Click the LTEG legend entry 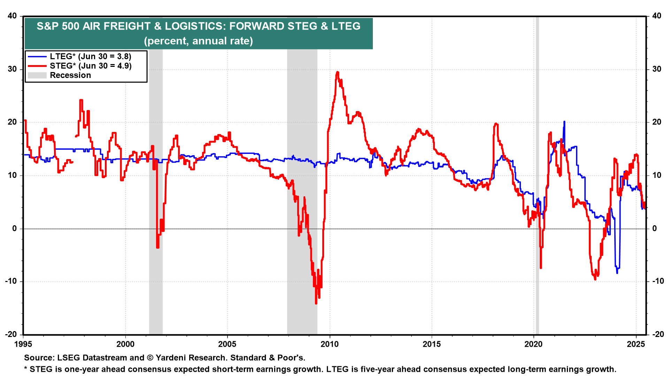(90, 56)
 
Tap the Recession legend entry (70, 75)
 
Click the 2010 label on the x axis (329, 344)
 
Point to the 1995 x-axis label (23, 344)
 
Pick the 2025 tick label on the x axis (636, 344)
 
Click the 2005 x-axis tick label (227, 344)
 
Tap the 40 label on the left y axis (12, 16)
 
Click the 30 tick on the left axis (12, 69)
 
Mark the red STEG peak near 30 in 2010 (337, 72)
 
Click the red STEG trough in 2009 (316, 303)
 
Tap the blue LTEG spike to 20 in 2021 (564, 122)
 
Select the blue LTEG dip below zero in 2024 (617, 273)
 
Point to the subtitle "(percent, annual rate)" (198, 41)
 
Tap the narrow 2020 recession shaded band (537, 174)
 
